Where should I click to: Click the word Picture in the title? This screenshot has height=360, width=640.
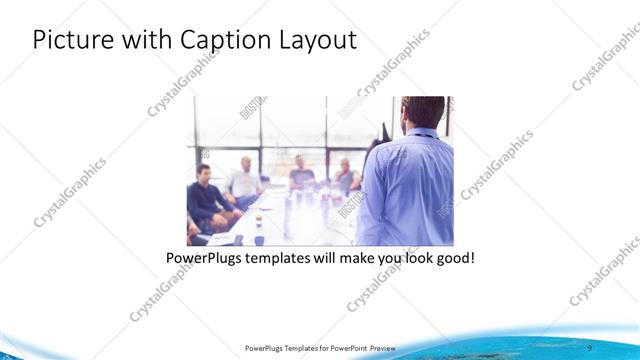[x=72, y=41]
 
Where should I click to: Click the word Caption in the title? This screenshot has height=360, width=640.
[x=223, y=41]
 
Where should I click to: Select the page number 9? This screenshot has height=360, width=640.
[x=617, y=347]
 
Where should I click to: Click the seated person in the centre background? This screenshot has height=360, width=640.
[x=301, y=173]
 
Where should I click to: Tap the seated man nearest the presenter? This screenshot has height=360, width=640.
[x=345, y=176]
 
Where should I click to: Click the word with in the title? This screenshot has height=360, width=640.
[x=145, y=41]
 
